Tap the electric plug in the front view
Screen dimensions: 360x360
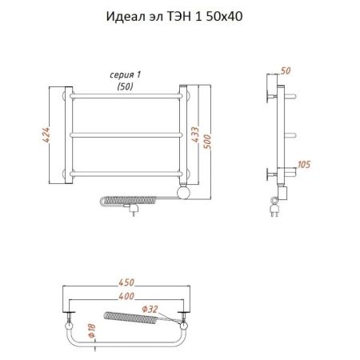(134, 209)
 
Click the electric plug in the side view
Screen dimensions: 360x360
(276, 209)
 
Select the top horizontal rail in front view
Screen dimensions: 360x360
(128, 97)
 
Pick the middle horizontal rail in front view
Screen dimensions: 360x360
(128, 134)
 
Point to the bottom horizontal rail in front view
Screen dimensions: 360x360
(128, 172)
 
